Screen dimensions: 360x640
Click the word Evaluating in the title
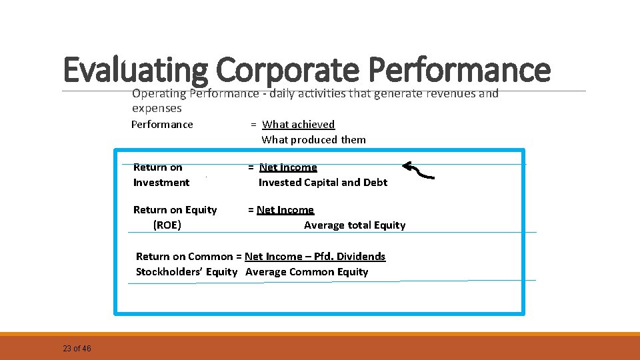click(136, 70)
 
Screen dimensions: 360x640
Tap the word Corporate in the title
click(287, 70)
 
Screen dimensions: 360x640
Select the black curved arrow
click(419, 170)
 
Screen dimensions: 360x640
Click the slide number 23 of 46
click(77, 349)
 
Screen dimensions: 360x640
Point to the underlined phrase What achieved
click(298, 124)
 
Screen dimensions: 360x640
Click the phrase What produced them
click(313, 139)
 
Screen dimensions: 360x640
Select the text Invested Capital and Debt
click(323, 182)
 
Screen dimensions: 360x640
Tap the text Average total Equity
click(355, 225)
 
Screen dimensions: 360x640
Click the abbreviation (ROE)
click(167, 225)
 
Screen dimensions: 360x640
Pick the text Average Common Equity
click(307, 271)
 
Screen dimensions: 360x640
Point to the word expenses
click(157, 108)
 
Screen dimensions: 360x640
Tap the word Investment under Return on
click(161, 182)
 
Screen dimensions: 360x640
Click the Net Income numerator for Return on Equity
click(285, 209)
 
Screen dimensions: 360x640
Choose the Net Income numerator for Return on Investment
click(288, 167)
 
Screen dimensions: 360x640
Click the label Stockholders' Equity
click(187, 271)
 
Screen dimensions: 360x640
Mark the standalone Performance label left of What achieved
click(162, 124)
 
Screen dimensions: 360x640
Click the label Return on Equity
click(175, 209)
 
